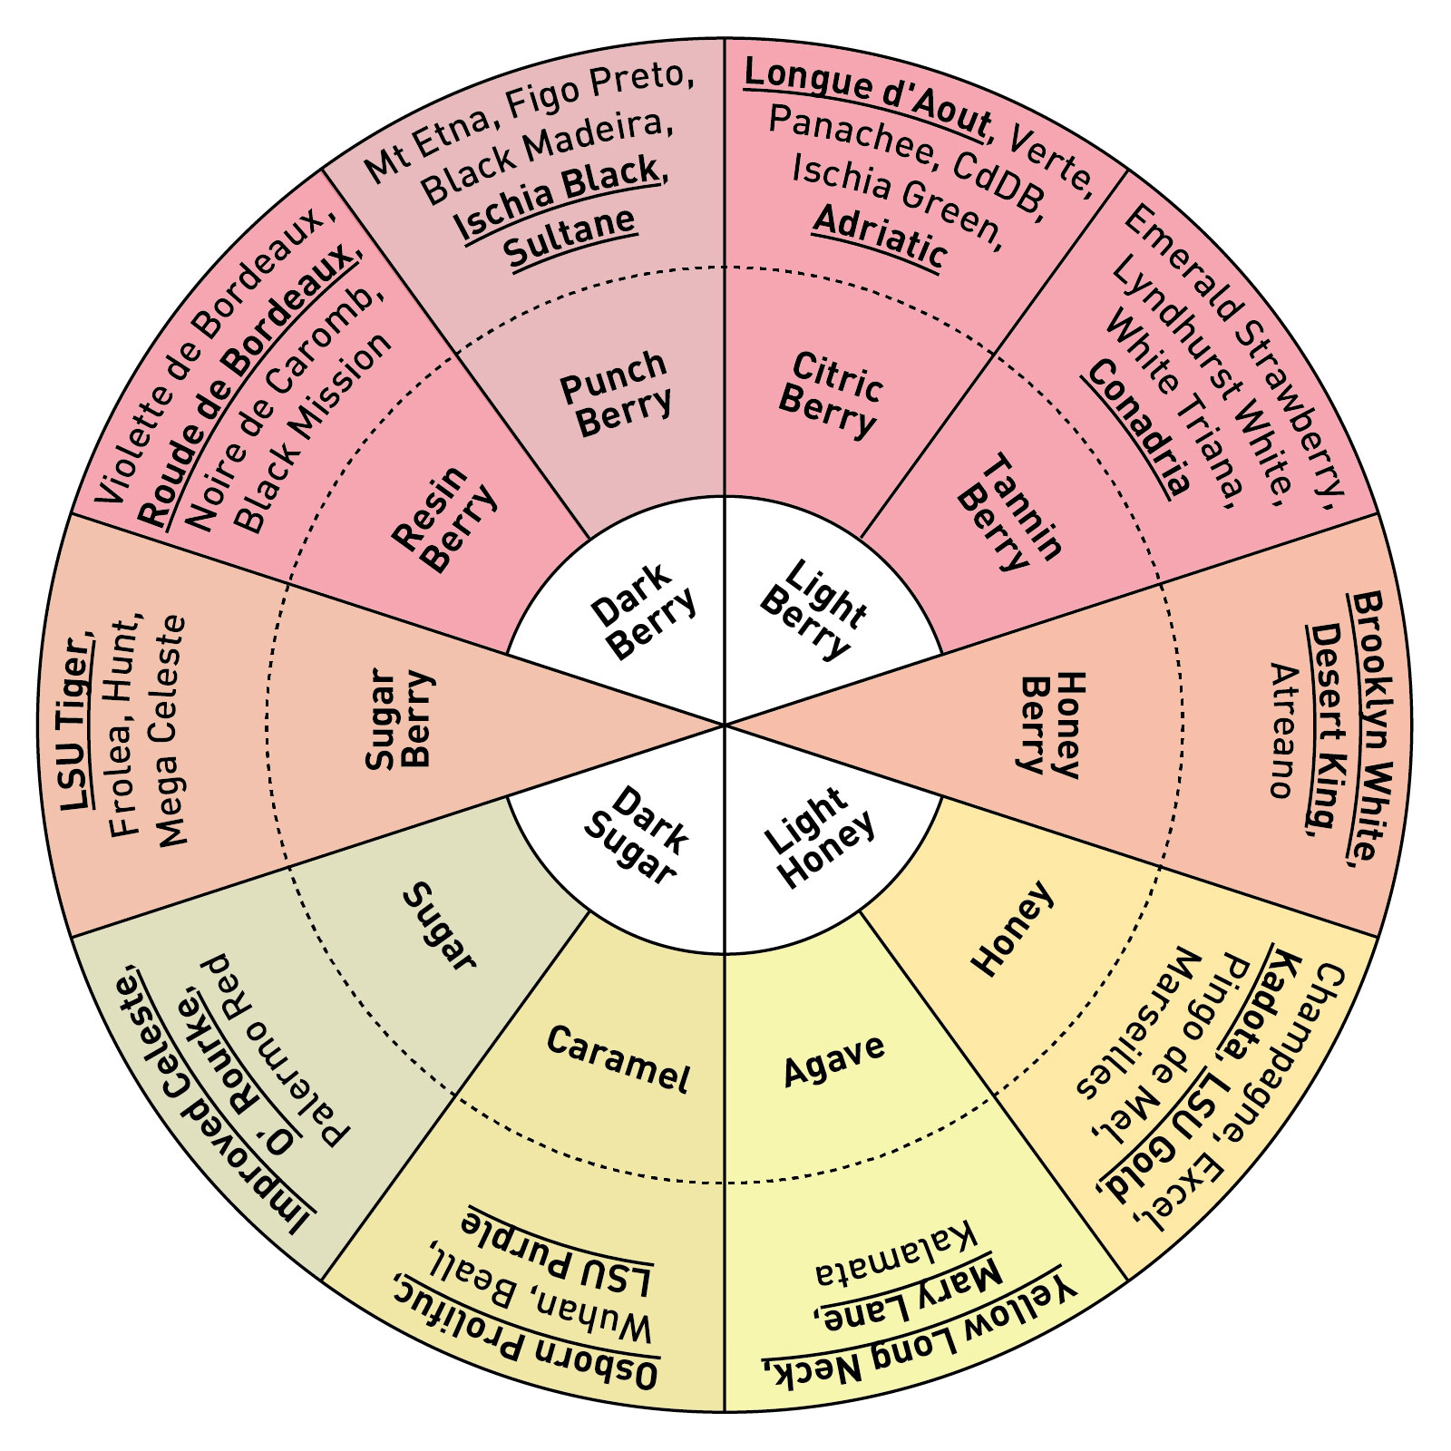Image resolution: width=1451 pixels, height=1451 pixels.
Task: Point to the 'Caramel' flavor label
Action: pyautogui.click(x=618, y=1058)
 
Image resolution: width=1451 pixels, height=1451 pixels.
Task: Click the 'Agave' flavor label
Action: pyautogui.click(x=833, y=1058)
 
